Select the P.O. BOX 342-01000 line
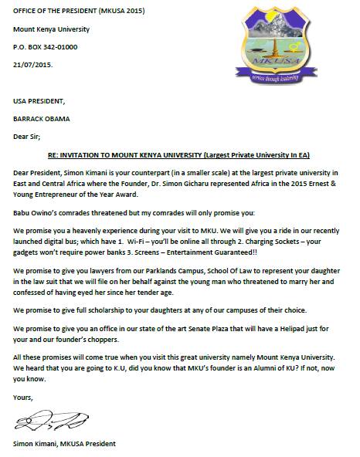click(x=46, y=46)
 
